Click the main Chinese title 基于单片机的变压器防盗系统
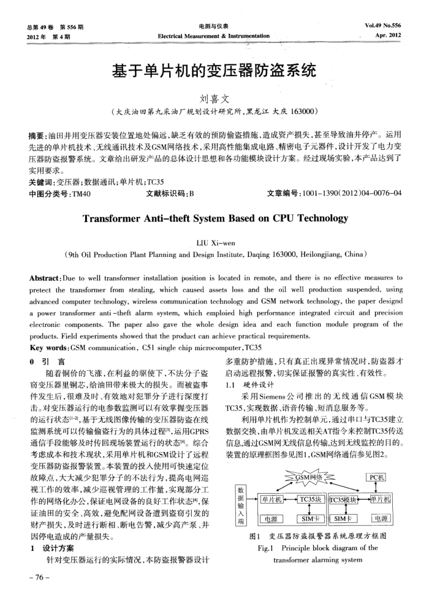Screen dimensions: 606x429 (214, 72)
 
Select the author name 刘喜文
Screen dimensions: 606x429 (213, 99)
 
